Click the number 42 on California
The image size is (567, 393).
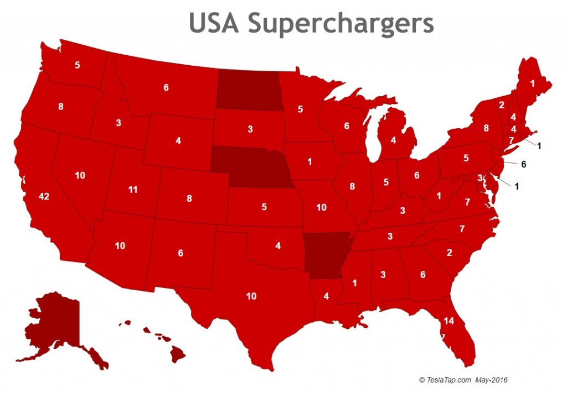coord(45,196)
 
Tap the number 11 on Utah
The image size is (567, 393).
coord(132,190)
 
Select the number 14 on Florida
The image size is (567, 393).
coord(449,321)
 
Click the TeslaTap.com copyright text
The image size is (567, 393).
coord(445,380)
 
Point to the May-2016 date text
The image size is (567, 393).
coord(492,380)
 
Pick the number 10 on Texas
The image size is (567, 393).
coord(251,296)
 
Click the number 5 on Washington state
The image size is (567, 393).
coord(78,65)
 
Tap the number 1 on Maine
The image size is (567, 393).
coord(533,84)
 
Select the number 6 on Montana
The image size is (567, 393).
coord(166,87)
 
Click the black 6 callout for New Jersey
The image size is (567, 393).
coord(523,164)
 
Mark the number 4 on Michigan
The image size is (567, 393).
coord(393,140)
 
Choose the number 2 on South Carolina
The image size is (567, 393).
coord(450,253)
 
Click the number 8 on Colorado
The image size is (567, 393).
coord(189,198)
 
